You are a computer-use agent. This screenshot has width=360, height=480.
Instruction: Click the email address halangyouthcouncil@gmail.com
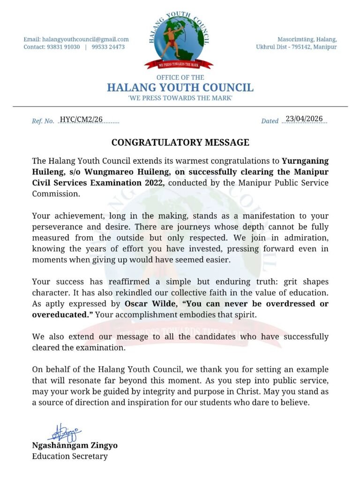85,39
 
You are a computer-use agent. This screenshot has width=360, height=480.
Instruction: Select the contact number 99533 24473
108,47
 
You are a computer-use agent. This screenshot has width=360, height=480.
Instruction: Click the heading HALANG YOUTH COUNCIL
180,88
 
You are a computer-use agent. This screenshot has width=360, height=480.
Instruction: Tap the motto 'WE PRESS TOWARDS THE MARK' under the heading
180,98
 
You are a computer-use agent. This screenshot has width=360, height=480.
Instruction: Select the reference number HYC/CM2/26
81,120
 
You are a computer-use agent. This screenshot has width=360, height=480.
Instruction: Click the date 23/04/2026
304,119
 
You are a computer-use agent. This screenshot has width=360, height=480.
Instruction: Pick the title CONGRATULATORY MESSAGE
180,142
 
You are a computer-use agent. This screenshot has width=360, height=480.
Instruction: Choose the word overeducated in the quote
60,315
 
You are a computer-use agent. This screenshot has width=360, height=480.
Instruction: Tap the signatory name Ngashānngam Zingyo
75,445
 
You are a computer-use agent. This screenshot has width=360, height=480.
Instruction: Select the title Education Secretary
69,456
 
